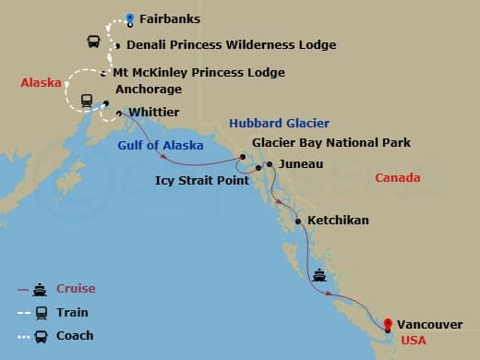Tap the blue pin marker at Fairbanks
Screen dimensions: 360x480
[130, 18]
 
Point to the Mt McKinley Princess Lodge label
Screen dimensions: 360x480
[198, 72]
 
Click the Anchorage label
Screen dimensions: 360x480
[149, 90]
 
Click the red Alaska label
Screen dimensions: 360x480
[41, 83]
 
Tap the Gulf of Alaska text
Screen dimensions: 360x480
[154, 145]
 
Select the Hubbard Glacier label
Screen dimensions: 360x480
[280, 123]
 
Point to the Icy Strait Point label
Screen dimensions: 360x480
[202, 180]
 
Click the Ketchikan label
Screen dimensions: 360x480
[338, 221]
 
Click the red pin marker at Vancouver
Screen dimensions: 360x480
[389, 323]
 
